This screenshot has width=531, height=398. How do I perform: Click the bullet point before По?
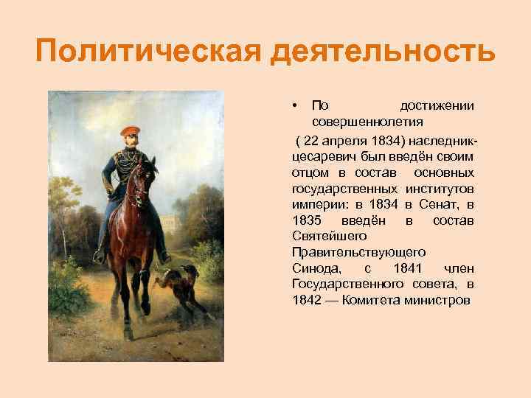[x=294, y=105]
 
